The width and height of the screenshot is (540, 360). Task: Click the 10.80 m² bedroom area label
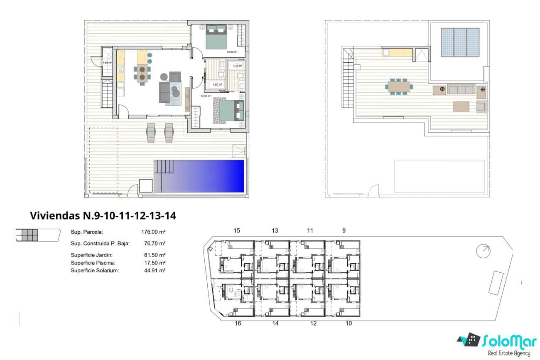231,52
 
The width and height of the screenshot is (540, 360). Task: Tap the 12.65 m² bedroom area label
194,95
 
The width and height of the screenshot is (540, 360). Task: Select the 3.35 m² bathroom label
237,66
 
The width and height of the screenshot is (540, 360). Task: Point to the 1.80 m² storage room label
107,63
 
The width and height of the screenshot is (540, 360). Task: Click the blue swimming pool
208,176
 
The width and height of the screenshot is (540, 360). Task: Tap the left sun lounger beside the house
150,132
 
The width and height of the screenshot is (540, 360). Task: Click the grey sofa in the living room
164,91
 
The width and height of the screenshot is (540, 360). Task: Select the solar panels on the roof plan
460,42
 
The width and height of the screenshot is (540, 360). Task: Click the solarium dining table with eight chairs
399,87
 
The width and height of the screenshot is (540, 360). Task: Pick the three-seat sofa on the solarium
460,89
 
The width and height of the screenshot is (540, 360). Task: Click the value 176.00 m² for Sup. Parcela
154,232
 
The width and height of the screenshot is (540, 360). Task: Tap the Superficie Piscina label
93,263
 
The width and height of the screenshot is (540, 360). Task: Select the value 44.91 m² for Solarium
154,270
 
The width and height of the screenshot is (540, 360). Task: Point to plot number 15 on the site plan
237,231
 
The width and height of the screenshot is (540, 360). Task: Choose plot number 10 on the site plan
349,323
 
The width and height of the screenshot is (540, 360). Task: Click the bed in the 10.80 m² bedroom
216,37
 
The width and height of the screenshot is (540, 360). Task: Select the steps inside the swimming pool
163,168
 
